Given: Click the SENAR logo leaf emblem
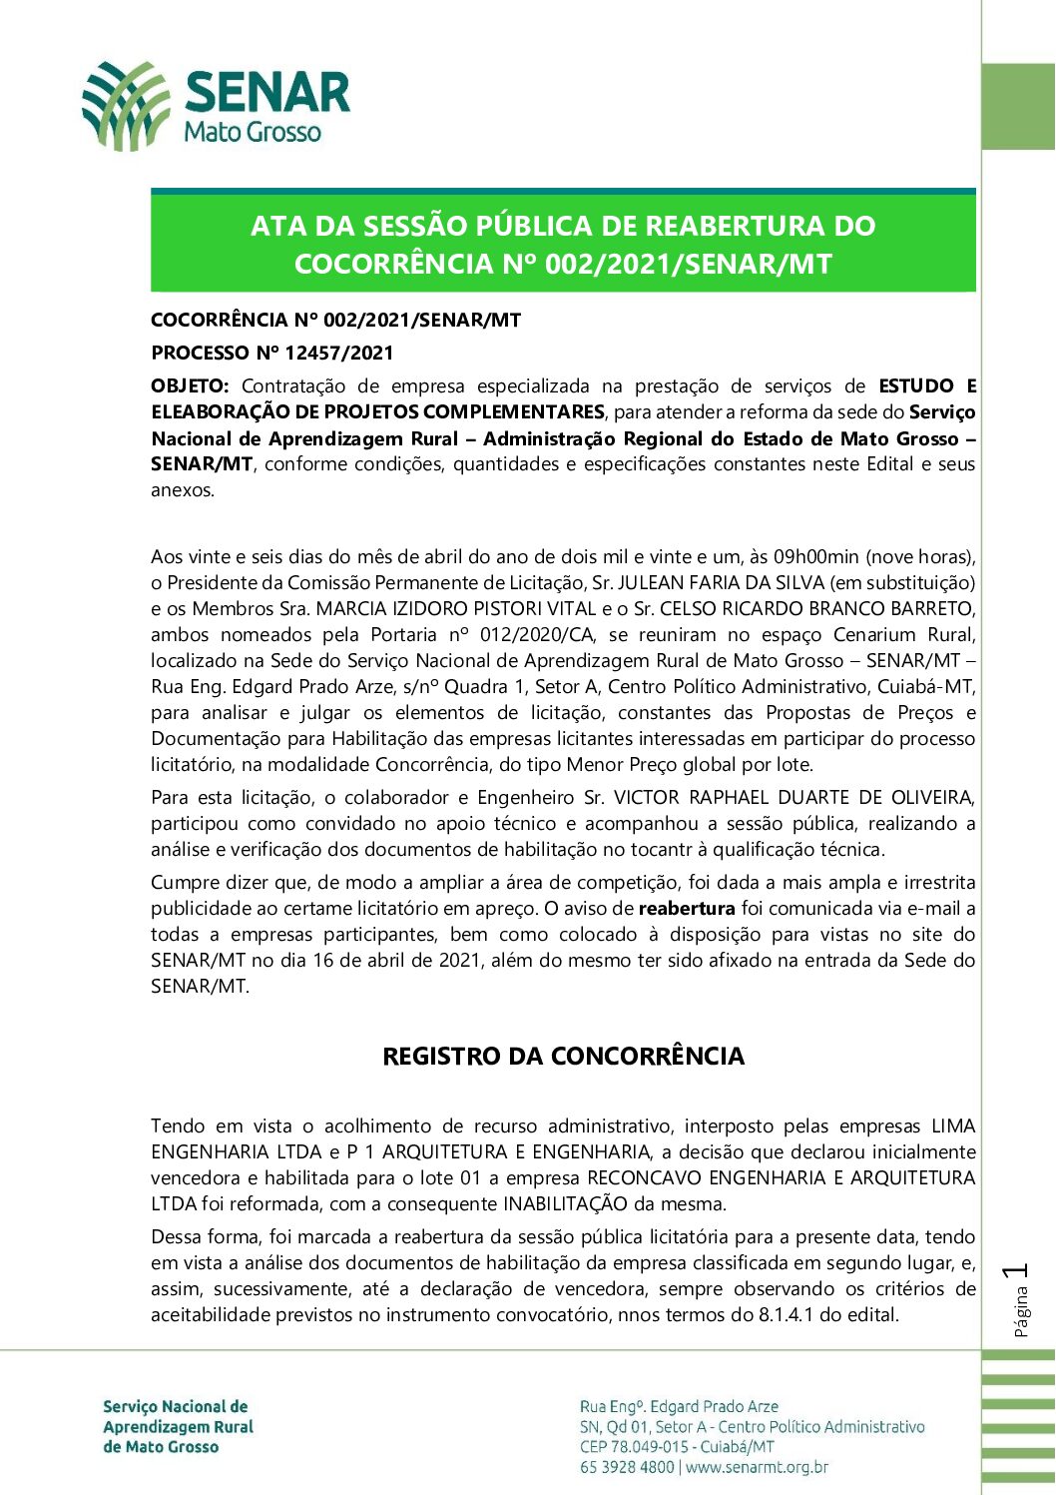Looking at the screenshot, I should tap(126, 106).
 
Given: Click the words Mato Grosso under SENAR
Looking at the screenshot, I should tap(253, 132).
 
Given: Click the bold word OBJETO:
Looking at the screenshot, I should tap(190, 385).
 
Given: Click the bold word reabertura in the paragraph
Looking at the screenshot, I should tap(687, 909).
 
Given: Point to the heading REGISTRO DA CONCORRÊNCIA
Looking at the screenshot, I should tap(563, 1057).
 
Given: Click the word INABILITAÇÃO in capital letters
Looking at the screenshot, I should tap(579, 1203).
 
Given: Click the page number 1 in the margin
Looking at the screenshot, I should tap(1018, 1271).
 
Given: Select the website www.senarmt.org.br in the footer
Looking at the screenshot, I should tap(758, 1467).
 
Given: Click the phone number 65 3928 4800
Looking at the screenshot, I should tap(627, 1467).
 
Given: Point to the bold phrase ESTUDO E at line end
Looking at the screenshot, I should tap(927, 385).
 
